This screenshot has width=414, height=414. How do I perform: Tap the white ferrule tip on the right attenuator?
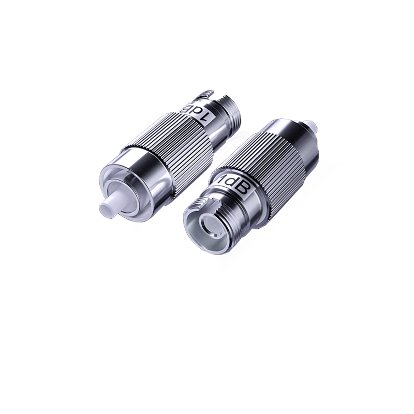click(310, 126)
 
